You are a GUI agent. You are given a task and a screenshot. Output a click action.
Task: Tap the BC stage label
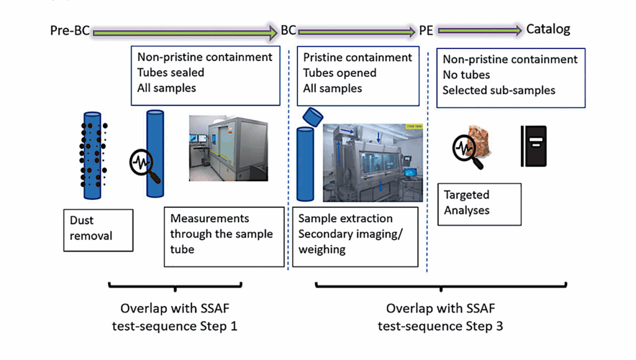[288, 30]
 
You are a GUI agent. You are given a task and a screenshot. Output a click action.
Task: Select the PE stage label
[426, 30]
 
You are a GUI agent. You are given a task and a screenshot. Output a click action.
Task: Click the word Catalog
[548, 29]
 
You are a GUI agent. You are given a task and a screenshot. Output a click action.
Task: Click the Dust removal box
[98, 228]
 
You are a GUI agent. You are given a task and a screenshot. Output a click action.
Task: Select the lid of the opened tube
[313, 115]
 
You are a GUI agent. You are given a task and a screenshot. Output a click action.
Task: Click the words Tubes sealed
[171, 73]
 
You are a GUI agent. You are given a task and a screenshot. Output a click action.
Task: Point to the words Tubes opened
[339, 73]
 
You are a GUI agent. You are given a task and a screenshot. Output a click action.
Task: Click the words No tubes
[466, 75]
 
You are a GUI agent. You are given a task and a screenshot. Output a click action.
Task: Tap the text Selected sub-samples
[499, 91]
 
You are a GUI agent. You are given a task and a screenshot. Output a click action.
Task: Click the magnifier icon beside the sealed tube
[145, 166]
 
